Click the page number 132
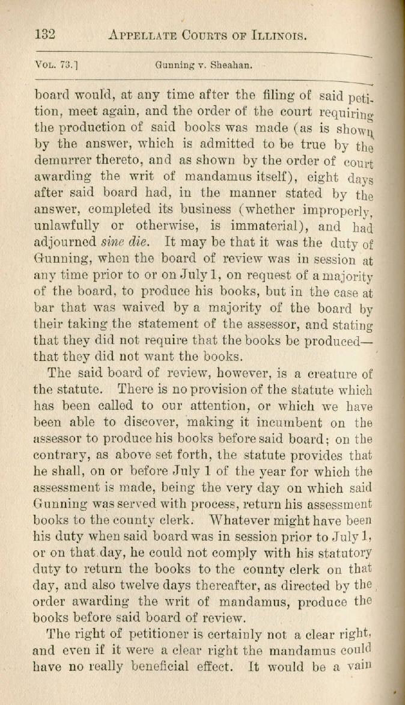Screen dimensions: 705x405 (45, 34)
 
